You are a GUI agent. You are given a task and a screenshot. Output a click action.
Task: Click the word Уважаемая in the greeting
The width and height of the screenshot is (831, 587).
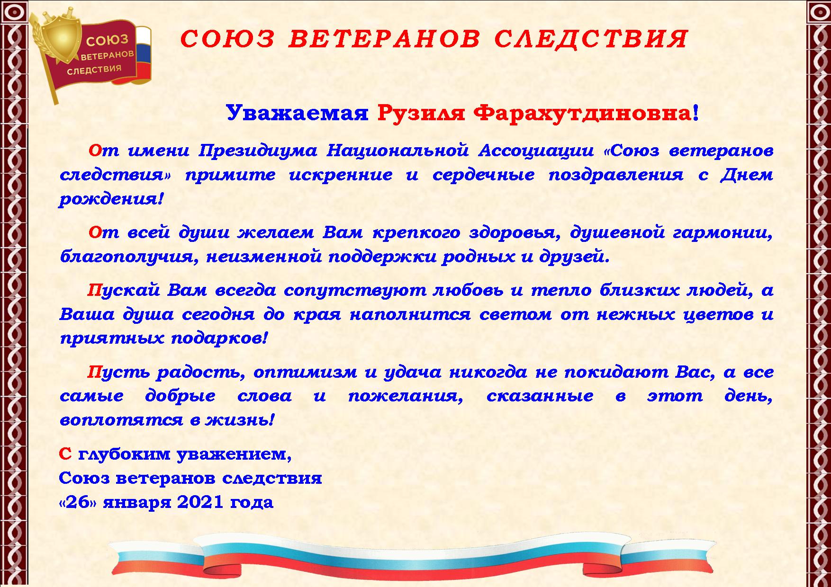click(297, 113)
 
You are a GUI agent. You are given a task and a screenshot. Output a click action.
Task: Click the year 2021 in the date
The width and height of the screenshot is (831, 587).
click(200, 502)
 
